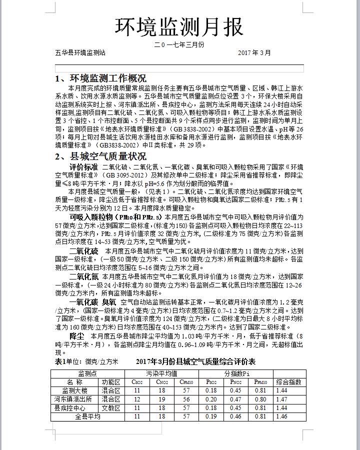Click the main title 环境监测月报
[x=179, y=27]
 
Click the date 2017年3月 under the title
[x=254, y=52]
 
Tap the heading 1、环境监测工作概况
[x=100, y=78]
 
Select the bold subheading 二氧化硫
[x=83, y=250]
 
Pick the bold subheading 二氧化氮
[x=83, y=276]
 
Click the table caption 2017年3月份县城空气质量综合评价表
[x=195, y=361]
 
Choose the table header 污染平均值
[x=161, y=373]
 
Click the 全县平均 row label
[x=87, y=416]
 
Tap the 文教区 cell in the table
[x=111, y=408]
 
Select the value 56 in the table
[x=186, y=399]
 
